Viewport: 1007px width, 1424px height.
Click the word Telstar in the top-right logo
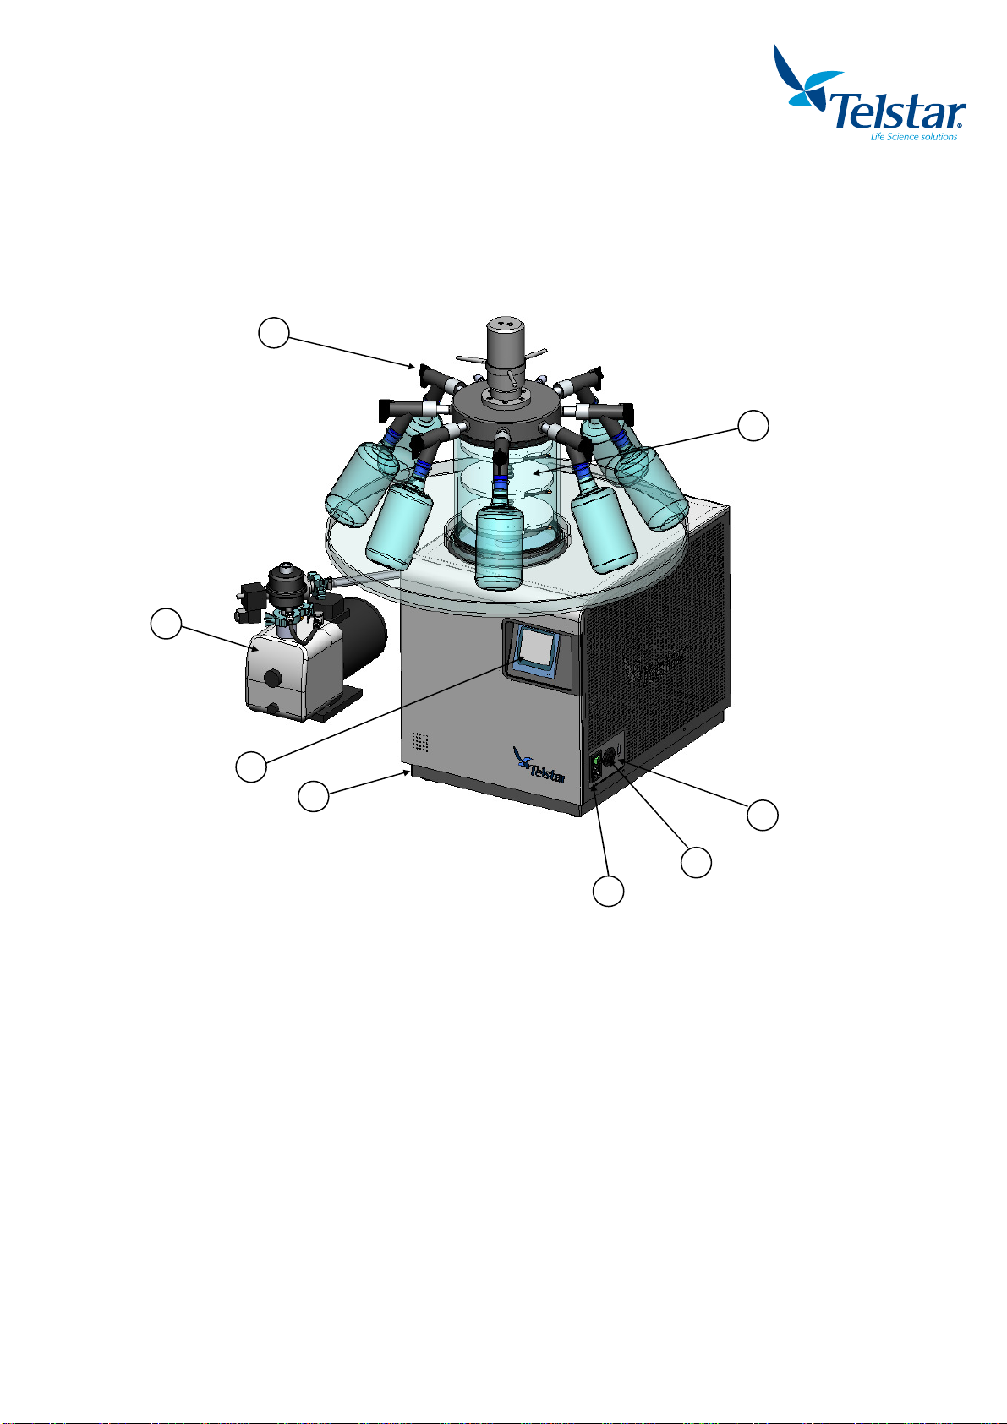click(x=897, y=112)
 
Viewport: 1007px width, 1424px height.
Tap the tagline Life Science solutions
click(x=913, y=137)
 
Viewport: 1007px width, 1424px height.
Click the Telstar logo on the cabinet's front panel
click(x=539, y=766)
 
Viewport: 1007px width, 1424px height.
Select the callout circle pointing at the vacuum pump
click(x=166, y=624)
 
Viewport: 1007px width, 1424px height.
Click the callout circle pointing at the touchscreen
click(x=251, y=767)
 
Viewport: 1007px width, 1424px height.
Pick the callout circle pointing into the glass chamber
click(x=753, y=425)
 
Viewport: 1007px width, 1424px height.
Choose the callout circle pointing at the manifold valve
click(x=274, y=332)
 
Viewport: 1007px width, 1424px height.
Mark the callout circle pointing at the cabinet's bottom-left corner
click(x=314, y=796)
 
